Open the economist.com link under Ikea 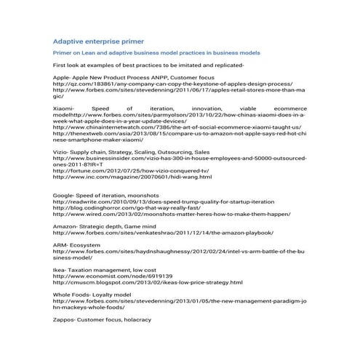pyautogui.click(x=113, y=276)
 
